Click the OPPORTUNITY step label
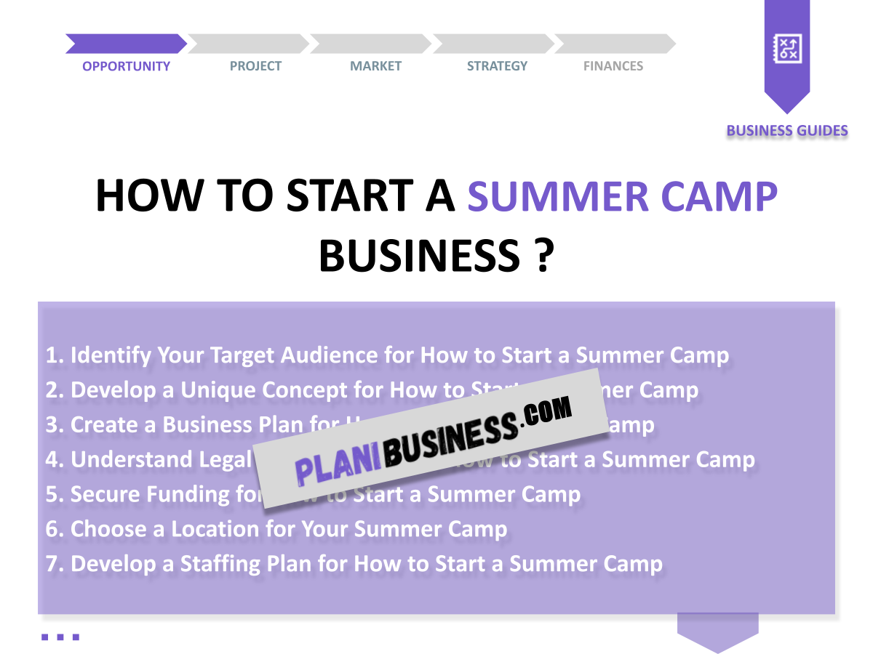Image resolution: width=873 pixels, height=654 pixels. click(x=126, y=66)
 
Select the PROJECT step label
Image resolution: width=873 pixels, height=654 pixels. click(x=255, y=66)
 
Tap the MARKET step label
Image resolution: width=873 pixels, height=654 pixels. click(x=375, y=66)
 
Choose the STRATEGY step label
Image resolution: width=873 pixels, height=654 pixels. click(x=497, y=66)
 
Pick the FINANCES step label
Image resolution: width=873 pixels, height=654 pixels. click(x=613, y=66)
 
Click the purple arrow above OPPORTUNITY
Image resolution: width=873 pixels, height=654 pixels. click(x=126, y=44)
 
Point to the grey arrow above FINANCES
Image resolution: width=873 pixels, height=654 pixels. click(x=615, y=44)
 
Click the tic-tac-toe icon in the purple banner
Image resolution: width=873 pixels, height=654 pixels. click(x=787, y=49)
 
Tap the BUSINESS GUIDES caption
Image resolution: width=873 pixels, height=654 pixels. click(x=787, y=131)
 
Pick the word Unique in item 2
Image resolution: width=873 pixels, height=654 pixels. click(x=218, y=390)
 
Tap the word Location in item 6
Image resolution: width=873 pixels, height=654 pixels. click(x=215, y=529)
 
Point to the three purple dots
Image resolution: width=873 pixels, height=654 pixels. click(x=60, y=637)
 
